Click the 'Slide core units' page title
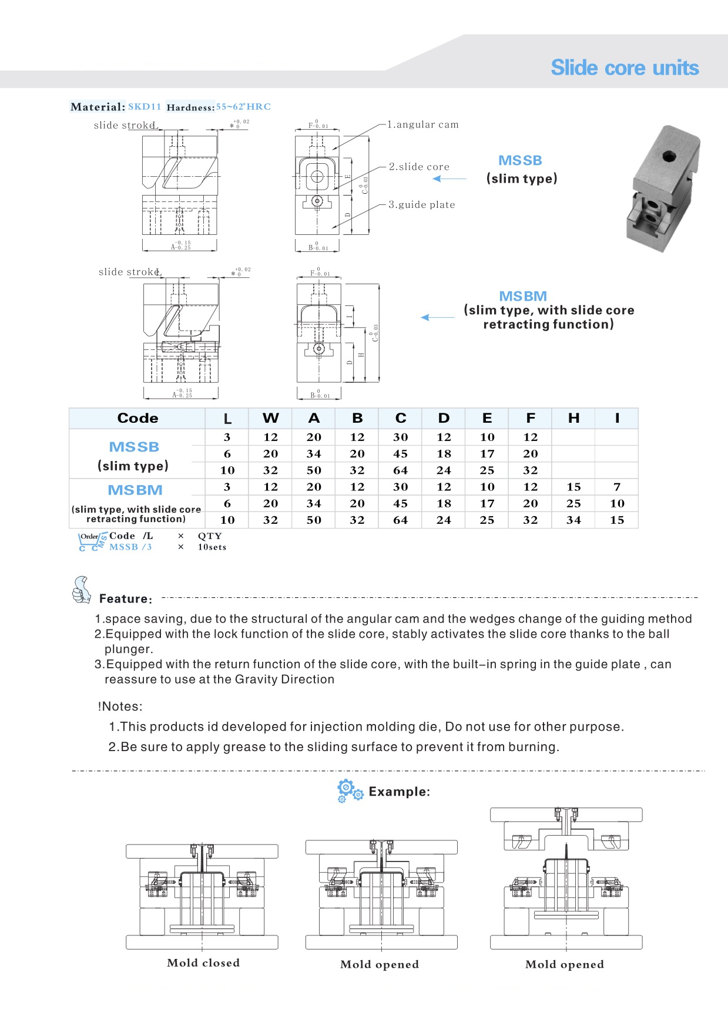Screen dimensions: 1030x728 coord(625,68)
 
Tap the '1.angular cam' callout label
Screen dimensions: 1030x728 coord(422,124)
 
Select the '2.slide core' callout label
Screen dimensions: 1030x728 coord(419,167)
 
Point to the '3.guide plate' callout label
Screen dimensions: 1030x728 coord(421,204)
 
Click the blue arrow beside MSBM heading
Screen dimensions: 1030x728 coord(438,317)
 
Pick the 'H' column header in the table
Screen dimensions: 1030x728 coord(573,418)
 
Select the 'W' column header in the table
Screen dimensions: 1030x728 coord(270,418)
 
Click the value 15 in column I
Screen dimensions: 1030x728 coord(617,520)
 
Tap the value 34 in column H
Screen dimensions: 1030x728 coord(573,520)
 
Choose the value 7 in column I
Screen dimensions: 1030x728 coord(617,487)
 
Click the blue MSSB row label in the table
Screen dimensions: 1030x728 coord(134,447)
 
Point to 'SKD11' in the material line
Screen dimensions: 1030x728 coord(145,107)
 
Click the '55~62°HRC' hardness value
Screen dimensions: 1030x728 coord(243,107)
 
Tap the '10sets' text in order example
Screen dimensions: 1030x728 coord(212,547)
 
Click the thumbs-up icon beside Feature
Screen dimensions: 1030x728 coord(81,590)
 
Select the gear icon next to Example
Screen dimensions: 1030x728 coord(350,790)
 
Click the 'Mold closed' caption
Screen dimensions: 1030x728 coord(203,962)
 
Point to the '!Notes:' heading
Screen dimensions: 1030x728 coord(120,706)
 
